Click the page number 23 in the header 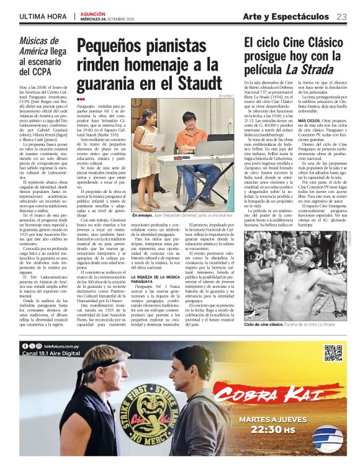(341, 17)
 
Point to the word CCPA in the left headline (35, 72)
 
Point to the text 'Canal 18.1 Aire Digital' (51, 353)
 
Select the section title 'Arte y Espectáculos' (286, 17)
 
